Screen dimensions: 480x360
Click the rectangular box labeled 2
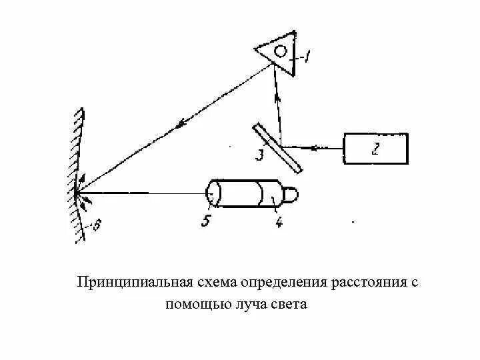pyautogui.click(x=376, y=150)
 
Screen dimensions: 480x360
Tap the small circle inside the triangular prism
pyautogui.click(x=281, y=51)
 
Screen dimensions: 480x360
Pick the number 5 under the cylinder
pyautogui.click(x=207, y=221)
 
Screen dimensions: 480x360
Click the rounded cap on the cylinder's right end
pyautogui.click(x=291, y=195)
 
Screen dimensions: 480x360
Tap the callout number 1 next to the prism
pyautogui.click(x=307, y=57)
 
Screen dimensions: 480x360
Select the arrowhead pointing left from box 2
pyautogui.click(x=315, y=147)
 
